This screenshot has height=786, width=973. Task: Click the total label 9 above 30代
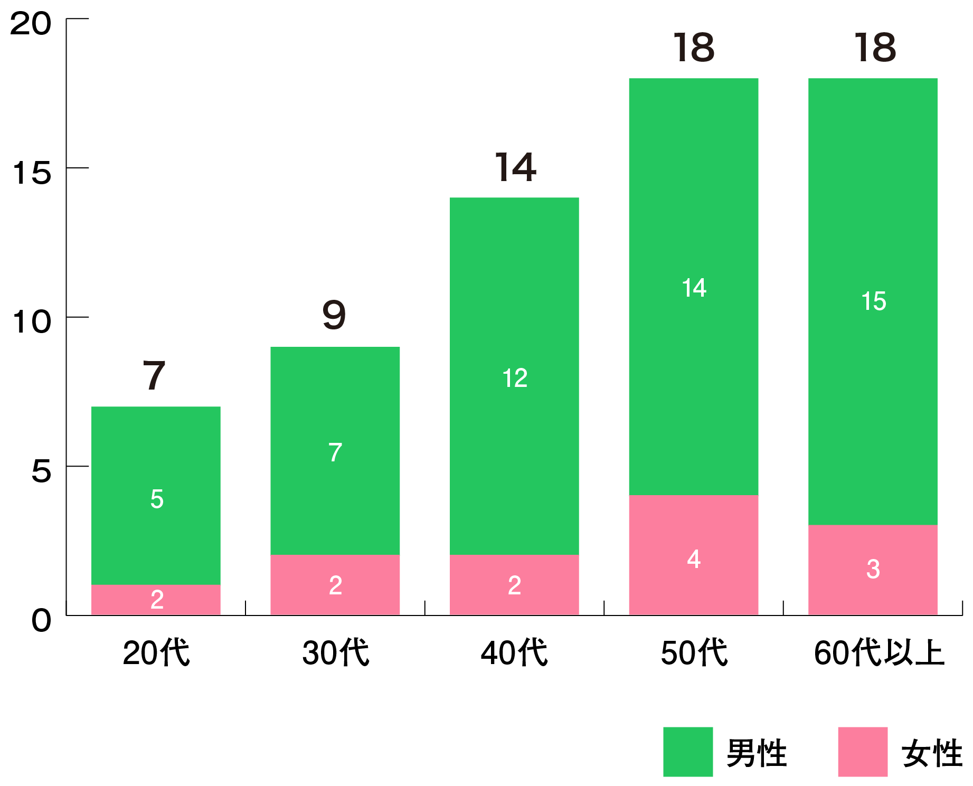pos(334,315)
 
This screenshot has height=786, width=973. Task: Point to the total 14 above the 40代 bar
pos(515,168)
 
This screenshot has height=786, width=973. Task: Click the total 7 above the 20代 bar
pos(154,375)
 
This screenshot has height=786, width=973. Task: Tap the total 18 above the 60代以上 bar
pos(875,48)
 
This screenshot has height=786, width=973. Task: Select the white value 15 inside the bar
pos(873,301)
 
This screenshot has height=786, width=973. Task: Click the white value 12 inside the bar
pos(514,378)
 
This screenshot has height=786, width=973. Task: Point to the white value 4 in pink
pos(694,558)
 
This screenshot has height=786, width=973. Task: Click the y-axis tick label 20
pos(31,24)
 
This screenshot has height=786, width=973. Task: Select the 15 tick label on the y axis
pos(32,173)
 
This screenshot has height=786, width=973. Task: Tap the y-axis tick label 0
pos(41,620)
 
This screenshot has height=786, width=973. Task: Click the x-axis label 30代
pos(335,652)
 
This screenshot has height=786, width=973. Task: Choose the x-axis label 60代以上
pos(878,652)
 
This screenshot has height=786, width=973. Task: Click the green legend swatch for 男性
pos(687,751)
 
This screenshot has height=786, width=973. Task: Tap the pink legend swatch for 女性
pos(862,751)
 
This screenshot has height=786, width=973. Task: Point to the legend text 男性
pos(757,753)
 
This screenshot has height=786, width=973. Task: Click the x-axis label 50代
pos(694,652)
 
